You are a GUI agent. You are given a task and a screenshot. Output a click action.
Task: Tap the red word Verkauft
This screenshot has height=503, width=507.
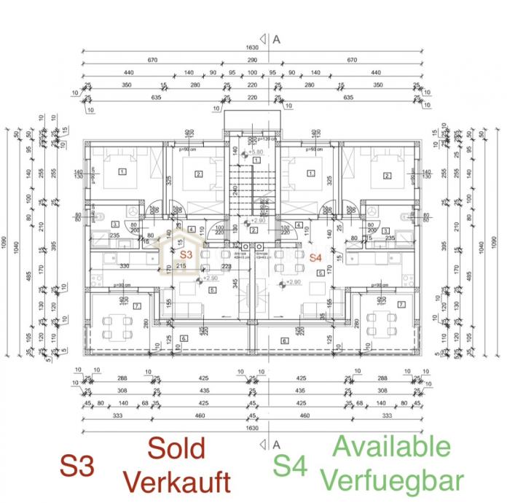coord(177,481)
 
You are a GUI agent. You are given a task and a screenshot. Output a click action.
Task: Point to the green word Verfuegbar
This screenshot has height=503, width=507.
coord(393,480)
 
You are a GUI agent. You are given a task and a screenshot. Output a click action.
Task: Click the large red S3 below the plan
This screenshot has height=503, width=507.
coord(78,466)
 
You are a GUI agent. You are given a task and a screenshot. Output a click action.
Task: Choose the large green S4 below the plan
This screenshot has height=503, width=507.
coord(290,465)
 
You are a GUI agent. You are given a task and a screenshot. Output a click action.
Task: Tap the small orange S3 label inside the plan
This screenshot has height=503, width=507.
coord(186,255)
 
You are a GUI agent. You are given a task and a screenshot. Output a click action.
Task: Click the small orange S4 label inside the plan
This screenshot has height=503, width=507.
coord(315,257)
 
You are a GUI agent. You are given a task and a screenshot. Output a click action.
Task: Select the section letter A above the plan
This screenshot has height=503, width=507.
coord(277,42)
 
